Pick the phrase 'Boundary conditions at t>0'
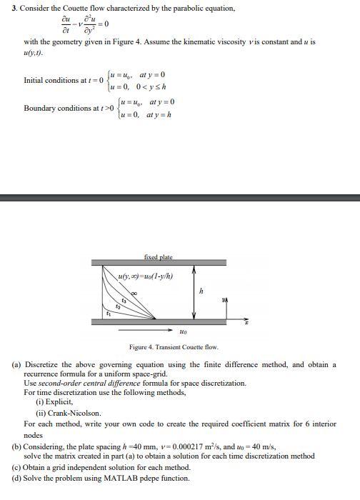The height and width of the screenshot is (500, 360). click(x=61, y=109)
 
